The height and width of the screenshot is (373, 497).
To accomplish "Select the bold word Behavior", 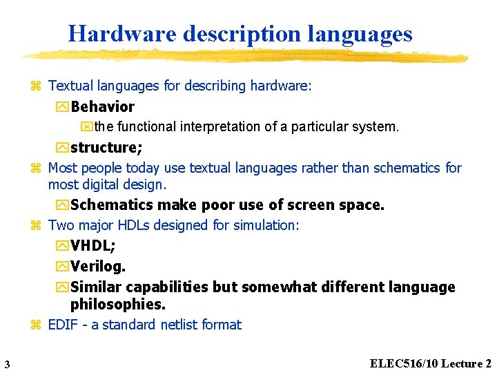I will tap(102, 106).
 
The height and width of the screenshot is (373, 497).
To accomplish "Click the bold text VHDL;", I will tap(92, 247).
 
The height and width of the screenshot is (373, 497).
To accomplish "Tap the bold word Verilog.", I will tap(98, 267).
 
